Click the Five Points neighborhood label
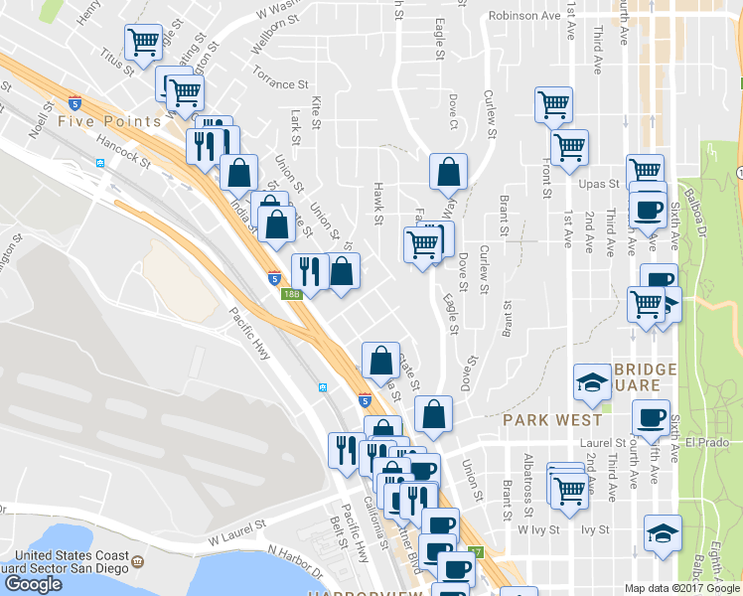(109, 121)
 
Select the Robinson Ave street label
(524, 16)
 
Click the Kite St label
(317, 113)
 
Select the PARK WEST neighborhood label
(553, 419)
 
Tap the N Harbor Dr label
(295, 561)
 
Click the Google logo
(33, 584)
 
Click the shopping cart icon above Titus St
(144, 43)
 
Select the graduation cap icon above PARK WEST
(593, 381)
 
